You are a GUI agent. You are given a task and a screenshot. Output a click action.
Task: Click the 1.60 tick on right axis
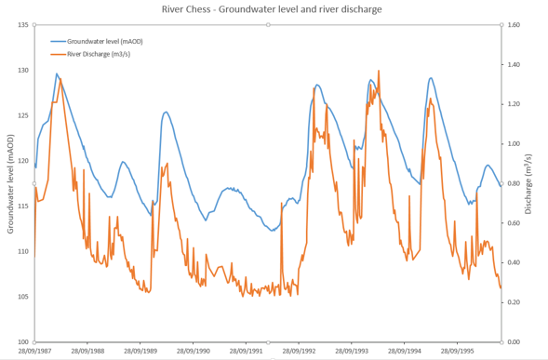[x=515, y=25]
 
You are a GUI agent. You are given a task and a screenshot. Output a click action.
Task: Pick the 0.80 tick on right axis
[x=515, y=183]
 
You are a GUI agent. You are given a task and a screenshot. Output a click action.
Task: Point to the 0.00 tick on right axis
[x=515, y=342]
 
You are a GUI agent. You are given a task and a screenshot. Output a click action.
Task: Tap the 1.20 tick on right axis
[x=515, y=104]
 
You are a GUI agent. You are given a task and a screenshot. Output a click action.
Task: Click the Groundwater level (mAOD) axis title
[x=10, y=183]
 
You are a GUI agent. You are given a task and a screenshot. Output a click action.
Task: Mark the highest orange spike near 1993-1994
[x=379, y=71]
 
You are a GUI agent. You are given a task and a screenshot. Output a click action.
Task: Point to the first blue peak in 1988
[x=57, y=74]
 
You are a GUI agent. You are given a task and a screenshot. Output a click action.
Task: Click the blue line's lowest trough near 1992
[x=272, y=230]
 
